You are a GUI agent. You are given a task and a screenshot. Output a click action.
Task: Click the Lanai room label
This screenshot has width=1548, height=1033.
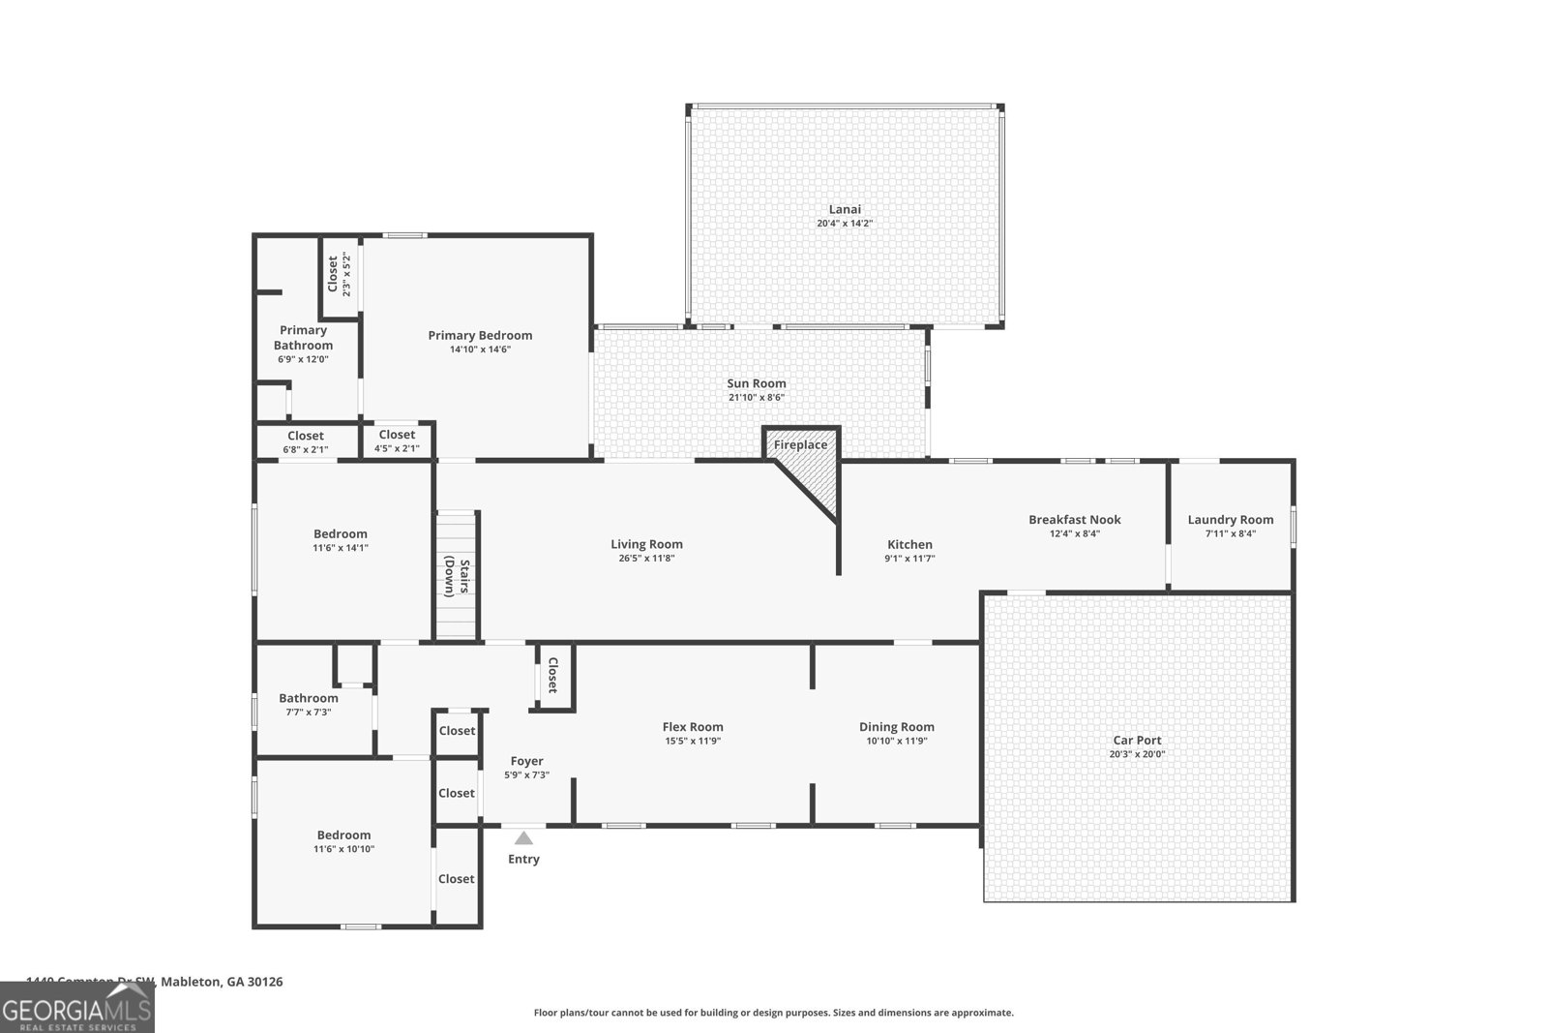click(844, 209)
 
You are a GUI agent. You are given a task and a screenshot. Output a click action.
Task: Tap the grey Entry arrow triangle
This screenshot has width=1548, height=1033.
click(523, 838)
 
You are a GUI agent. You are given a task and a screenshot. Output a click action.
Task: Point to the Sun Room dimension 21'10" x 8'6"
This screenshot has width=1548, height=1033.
click(757, 397)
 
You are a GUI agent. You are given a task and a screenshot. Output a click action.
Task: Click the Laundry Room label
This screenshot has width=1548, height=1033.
click(1231, 520)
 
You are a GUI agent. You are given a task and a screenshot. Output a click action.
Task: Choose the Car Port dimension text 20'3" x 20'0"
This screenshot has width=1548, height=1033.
click(1137, 754)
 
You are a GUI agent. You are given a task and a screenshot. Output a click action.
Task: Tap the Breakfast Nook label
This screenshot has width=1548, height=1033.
click(1074, 520)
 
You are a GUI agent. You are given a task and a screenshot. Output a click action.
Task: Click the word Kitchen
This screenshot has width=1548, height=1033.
click(909, 545)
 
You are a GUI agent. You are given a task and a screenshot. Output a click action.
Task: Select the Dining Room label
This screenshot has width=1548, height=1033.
click(896, 727)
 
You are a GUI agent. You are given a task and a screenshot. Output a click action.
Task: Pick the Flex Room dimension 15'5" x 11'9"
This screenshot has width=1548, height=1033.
click(693, 741)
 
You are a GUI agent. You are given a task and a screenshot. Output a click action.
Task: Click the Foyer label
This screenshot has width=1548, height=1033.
click(526, 761)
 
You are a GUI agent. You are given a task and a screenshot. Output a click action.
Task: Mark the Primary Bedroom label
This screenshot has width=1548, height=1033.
click(480, 336)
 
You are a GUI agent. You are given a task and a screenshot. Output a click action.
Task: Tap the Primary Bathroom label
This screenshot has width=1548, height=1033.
click(303, 338)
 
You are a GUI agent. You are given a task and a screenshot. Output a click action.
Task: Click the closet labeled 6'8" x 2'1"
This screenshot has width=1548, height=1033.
click(305, 442)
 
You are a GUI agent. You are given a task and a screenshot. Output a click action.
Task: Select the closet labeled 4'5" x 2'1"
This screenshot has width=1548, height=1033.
click(397, 441)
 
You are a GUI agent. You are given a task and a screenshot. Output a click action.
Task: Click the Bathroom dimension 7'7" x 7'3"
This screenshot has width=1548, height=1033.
click(309, 712)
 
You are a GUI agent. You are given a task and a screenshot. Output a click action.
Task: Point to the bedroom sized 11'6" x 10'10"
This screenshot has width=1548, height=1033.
click(343, 841)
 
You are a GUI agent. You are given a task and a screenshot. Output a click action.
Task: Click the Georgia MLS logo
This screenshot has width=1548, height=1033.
click(76, 1007)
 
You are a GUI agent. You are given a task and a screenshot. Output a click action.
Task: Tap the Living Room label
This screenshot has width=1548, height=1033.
click(646, 544)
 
